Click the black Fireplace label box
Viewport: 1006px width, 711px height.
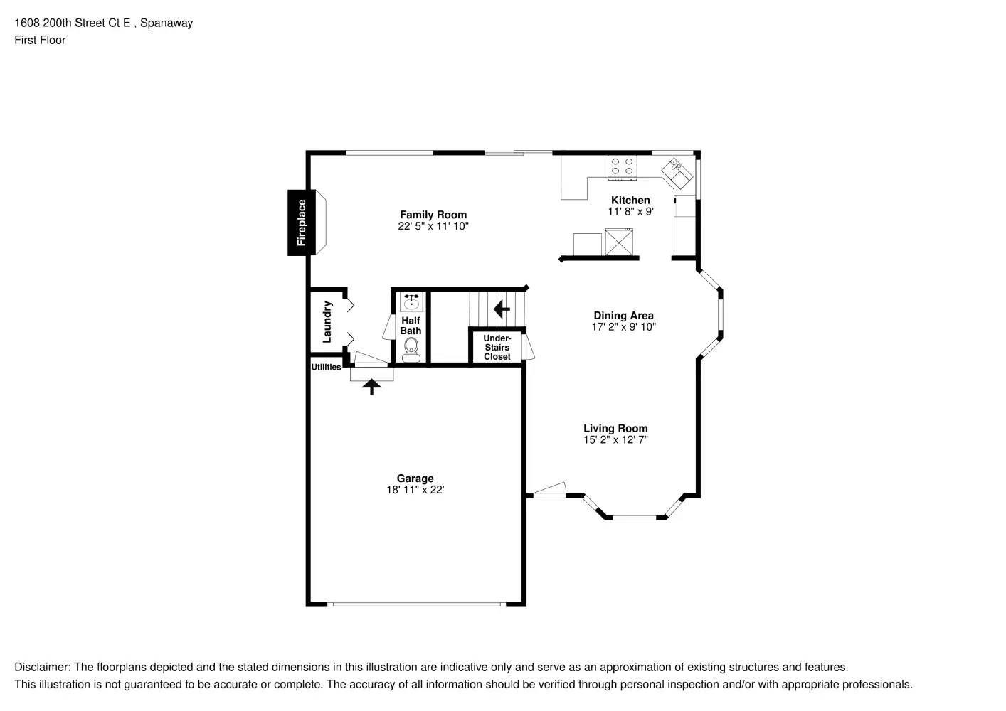coord(301,223)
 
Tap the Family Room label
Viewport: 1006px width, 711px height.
coord(433,215)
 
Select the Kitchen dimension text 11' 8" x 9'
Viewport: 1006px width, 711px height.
coord(630,212)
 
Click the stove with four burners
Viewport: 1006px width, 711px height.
coord(623,166)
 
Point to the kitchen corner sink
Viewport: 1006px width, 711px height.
coord(677,173)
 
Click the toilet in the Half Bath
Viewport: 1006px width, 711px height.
coord(411,349)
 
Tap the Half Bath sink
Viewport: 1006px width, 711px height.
coord(411,303)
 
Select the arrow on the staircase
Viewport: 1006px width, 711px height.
coord(502,309)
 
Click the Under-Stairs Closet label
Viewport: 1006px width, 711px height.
coord(497,348)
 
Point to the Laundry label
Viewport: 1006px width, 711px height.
coord(327,322)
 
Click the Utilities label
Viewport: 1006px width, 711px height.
coord(326,367)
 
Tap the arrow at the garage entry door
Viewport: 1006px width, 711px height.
coord(371,387)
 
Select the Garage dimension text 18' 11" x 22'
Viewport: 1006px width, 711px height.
coord(415,490)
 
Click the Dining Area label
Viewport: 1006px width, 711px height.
coord(623,316)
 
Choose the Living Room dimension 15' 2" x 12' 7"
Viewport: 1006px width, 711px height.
coord(615,440)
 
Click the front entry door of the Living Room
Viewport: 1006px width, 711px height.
coord(548,491)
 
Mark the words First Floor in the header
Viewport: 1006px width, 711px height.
coord(40,41)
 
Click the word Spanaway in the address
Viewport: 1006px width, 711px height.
coord(166,23)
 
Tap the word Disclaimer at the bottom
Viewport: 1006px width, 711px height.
coord(42,668)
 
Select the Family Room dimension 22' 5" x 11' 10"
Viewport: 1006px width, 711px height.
coord(433,226)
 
